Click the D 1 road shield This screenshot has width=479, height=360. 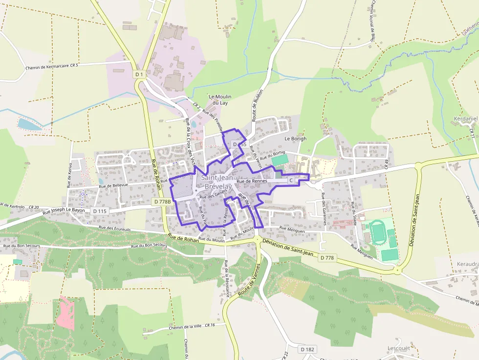tap(139, 74)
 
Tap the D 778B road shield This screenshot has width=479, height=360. tap(161, 201)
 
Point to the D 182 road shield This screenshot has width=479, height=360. tap(307, 349)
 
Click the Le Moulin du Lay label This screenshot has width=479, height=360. tap(220, 100)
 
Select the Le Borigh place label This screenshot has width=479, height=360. tap(296, 139)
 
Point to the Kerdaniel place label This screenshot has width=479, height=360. tap(465, 119)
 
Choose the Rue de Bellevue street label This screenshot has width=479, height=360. tap(113, 186)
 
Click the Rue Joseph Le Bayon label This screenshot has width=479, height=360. tap(64, 211)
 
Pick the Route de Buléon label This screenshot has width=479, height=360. tap(258, 105)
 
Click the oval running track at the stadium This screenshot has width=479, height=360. tap(378, 232)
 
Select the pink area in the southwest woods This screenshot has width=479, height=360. tap(65, 312)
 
